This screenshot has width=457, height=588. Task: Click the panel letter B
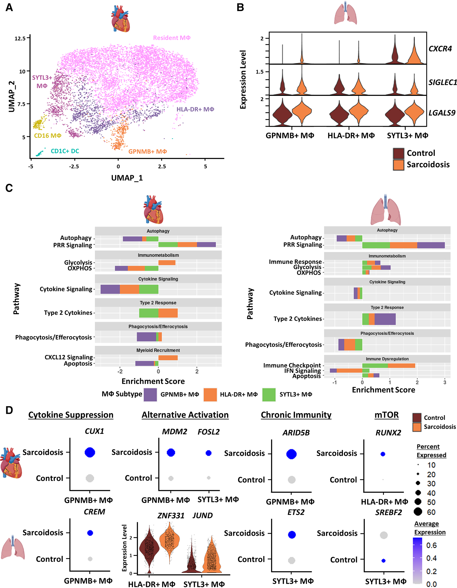click(x=240, y=7)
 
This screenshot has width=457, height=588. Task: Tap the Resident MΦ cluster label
click(x=172, y=38)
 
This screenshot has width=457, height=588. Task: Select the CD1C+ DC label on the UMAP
click(x=65, y=151)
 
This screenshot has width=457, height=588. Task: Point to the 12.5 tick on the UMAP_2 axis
click(x=20, y=38)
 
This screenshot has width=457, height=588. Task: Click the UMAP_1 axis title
click(x=127, y=178)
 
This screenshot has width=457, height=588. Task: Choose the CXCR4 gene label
click(x=440, y=49)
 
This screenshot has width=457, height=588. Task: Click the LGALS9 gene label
click(x=442, y=113)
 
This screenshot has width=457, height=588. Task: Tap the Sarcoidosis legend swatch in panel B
click(x=398, y=165)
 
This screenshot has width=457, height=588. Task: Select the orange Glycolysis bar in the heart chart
click(x=167, y=262)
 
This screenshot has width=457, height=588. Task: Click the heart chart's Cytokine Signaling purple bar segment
click(x=110, y=289)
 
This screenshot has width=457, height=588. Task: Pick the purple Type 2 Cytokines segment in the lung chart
click(x=385, y=319)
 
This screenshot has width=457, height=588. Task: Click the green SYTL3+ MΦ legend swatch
click(x=268, y=395)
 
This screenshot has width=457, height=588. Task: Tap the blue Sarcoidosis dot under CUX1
click(x=90, y=452)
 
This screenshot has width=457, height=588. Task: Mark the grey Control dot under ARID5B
click(x=291, y=479)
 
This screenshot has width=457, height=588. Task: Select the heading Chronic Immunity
click(x=296, y=415)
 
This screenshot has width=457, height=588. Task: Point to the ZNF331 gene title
click(x=171, y=515)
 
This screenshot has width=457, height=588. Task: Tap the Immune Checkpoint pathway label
click(x=292, y=365)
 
